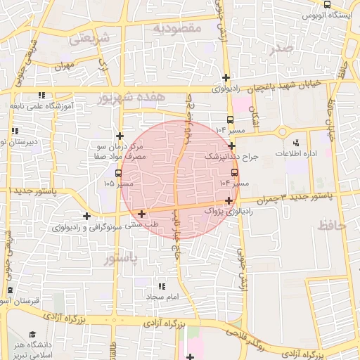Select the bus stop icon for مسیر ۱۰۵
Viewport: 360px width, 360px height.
click(117, 172)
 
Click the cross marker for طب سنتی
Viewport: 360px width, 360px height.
click(142, 214)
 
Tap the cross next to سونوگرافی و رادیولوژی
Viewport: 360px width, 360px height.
click(86, 217)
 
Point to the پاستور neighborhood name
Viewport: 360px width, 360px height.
click(120, 259)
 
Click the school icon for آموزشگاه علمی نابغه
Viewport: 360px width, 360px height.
click(42, 95)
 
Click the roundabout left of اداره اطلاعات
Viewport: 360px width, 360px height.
click(282, 131)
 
